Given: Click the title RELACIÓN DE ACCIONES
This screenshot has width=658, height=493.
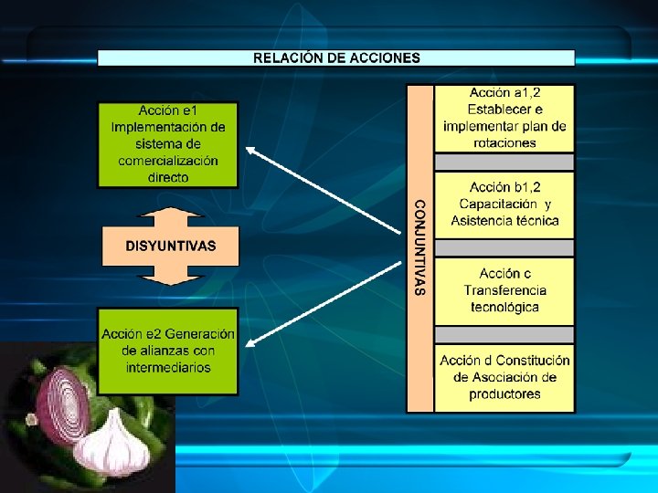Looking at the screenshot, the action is point(336,58).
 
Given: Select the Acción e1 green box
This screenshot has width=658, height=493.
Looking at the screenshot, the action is point(168,143).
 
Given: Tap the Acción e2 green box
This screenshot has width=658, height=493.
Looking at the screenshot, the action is point(168,351).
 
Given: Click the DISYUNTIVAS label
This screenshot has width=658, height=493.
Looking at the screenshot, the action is point(171,246).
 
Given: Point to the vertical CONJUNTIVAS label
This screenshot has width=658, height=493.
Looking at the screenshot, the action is point(419,246).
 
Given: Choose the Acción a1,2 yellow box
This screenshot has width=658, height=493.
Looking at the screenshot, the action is point(504,118).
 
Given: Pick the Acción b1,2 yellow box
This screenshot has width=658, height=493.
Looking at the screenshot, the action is point(504,205).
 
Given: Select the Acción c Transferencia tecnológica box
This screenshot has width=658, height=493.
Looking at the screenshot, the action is point(504,289).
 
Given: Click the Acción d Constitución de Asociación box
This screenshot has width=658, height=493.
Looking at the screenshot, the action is point(504,376).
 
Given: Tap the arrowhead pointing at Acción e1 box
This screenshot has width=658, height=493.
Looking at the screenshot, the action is point(249,148).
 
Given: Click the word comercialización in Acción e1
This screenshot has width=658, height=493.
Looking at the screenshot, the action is point(168,161).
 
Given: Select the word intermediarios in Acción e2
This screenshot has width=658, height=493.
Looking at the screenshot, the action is point(168,367).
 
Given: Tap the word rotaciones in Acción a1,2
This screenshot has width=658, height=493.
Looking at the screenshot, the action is point(504,142).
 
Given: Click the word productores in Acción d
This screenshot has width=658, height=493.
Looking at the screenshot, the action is point(504,394).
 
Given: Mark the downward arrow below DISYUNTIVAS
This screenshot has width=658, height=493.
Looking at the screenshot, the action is point(170,275).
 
